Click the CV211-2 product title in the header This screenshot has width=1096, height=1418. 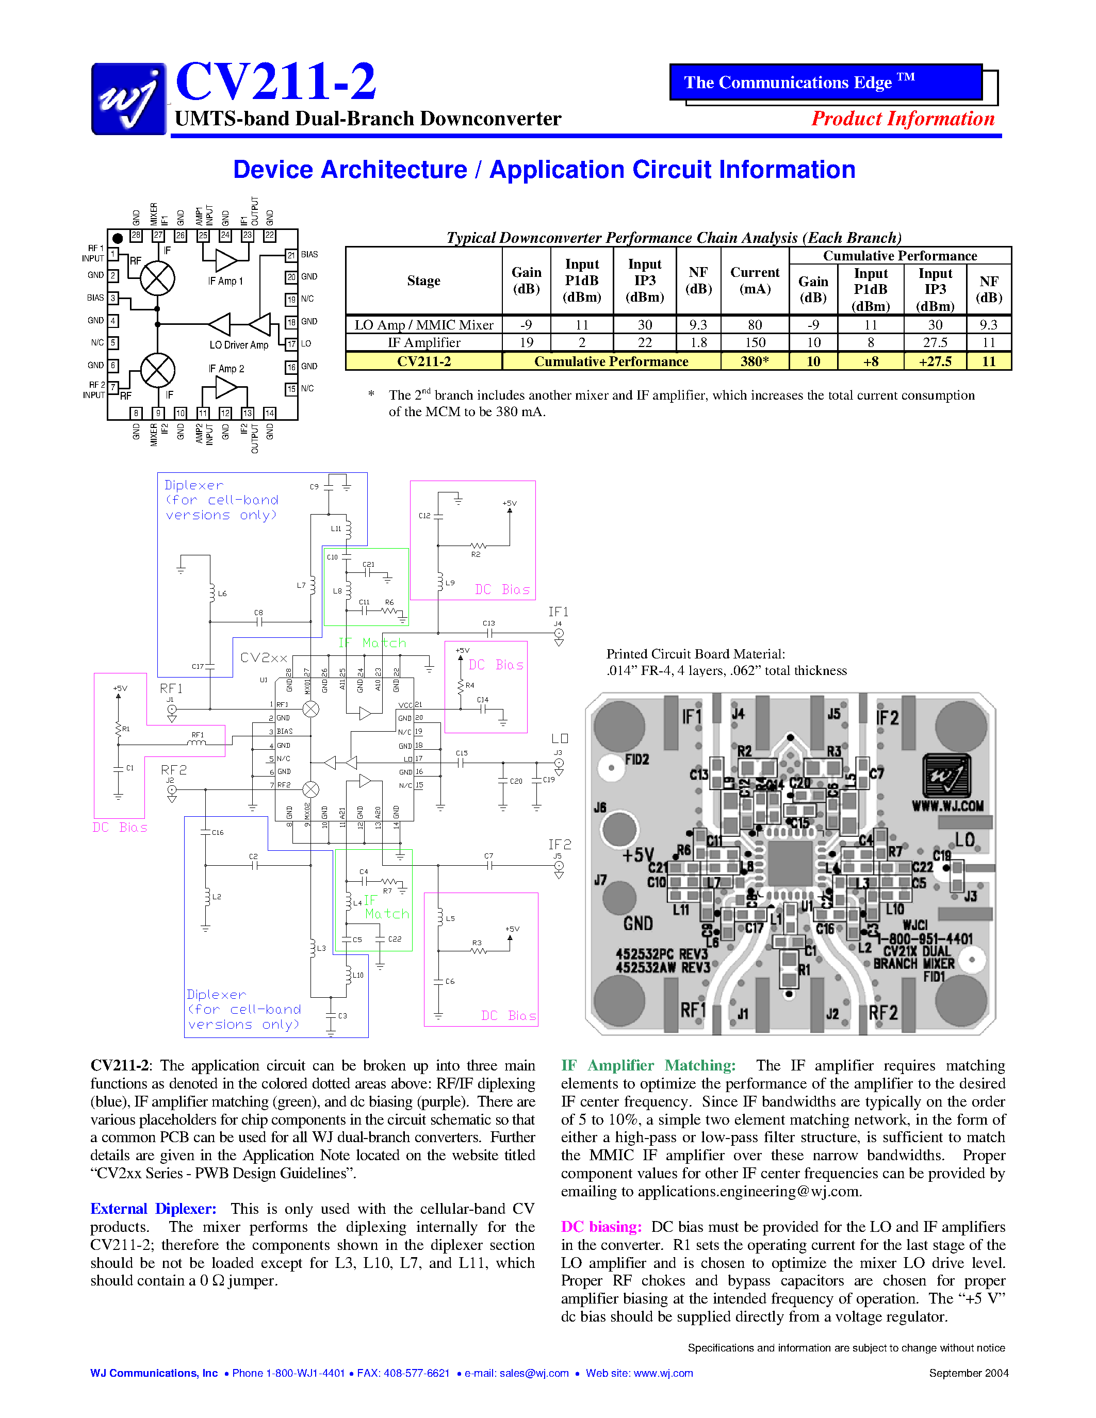coord(275,82)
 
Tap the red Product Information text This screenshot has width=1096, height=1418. coord(903,119)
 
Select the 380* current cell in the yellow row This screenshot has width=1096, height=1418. coord(755,361)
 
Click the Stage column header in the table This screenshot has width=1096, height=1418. coord(423,281)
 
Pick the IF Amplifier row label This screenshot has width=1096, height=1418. coord(423,343)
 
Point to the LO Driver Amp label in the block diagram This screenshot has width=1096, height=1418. coord(238,345)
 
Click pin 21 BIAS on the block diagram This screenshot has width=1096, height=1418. coord(291,255)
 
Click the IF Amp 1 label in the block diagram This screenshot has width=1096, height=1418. coord(225,281)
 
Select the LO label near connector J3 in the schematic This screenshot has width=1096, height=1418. coord(559,739)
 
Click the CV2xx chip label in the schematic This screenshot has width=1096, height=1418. coord(264,658)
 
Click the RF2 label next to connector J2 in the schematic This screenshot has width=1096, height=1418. coord(173,769)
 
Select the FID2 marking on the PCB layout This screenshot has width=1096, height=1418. coord(636,759)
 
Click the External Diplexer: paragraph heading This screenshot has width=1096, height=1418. coord(153,1209)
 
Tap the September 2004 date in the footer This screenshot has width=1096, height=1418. coord(968,1373)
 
